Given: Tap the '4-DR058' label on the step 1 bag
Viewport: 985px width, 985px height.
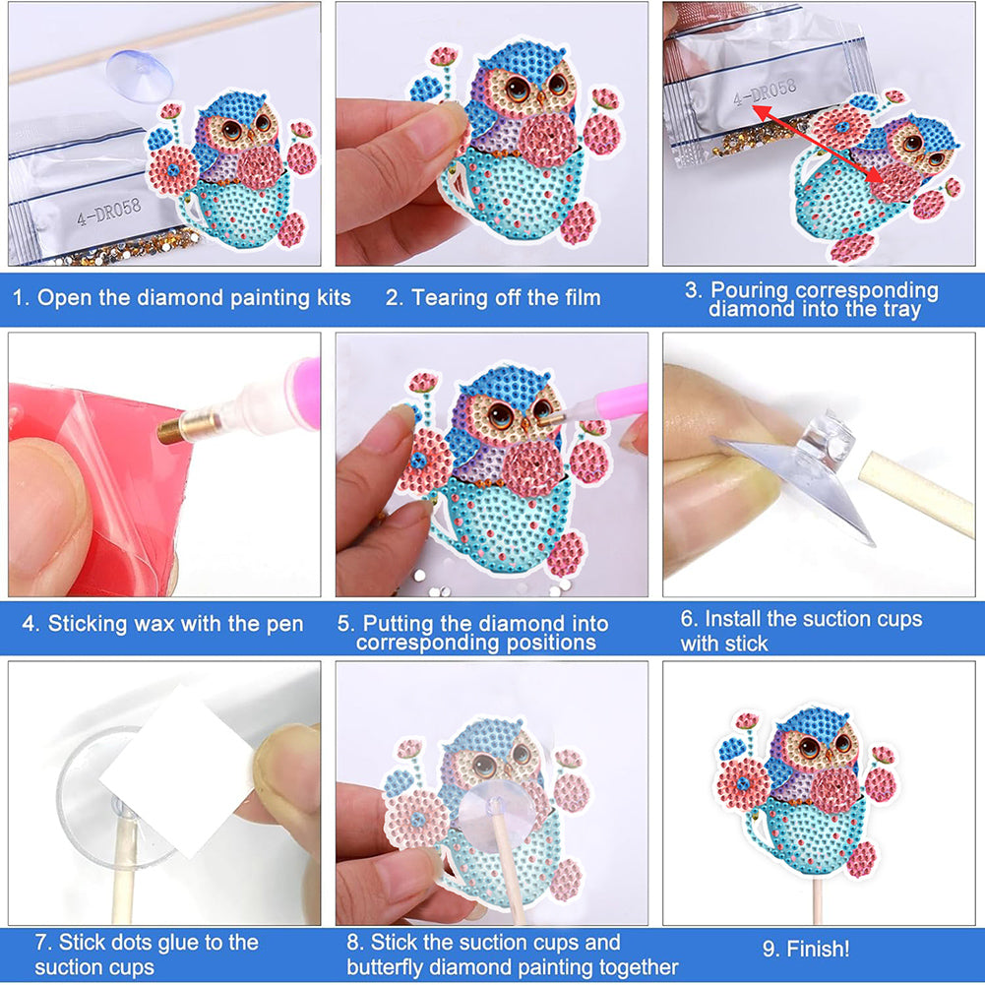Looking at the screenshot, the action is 108,211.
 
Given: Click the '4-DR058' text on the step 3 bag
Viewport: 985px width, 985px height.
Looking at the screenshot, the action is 765,92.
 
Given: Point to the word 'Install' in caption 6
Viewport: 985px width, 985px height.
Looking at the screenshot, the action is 732,619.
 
